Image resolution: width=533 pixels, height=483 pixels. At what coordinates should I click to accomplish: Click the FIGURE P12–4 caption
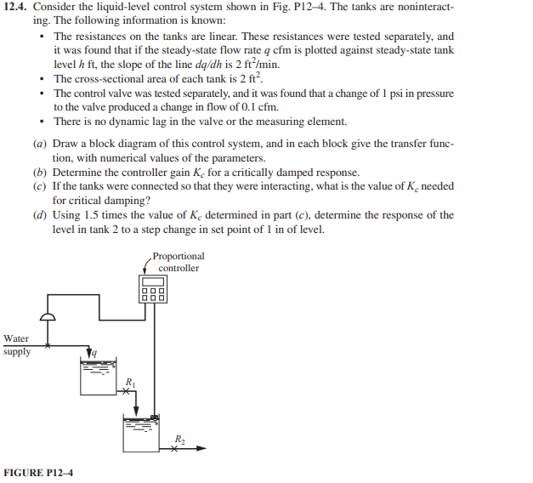click(x=39, y=470)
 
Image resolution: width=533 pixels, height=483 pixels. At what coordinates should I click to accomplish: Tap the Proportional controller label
click(x=179, y=262)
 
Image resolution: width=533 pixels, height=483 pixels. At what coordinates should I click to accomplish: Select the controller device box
click(x=154, y=288)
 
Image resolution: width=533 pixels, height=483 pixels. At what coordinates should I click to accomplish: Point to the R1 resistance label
click(x=130, y=379)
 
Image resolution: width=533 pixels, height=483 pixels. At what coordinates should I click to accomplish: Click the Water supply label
click(x=17, y=345)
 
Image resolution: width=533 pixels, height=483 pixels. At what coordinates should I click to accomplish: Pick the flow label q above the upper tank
click(x=94, y=351)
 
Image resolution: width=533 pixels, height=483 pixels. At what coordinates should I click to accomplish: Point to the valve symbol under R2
click(x=174, y=448)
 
